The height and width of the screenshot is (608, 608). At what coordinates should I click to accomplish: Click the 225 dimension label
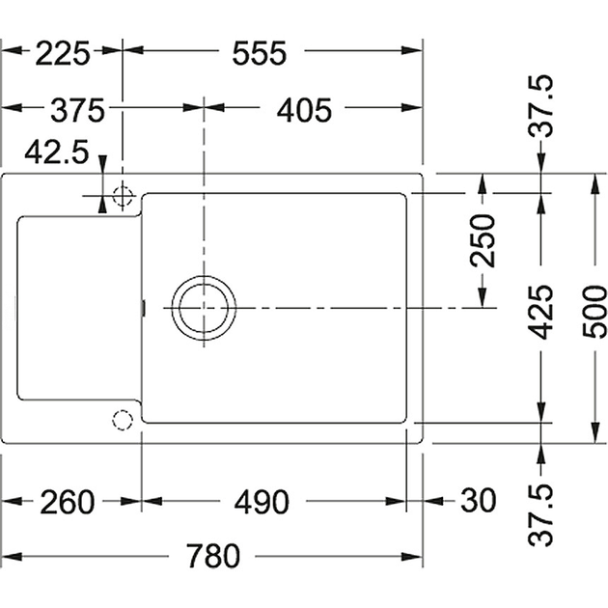click(x=63, y=52)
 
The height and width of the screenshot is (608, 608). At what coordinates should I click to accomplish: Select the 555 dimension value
click(x=259, y=52)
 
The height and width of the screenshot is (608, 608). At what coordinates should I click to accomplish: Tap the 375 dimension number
click(x=77, y=110)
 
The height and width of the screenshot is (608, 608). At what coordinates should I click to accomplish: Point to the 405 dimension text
click(x=304, y=110)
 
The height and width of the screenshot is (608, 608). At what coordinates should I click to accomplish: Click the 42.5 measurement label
click(x=57, y=152)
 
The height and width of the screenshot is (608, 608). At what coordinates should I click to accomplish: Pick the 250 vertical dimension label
click(x=483, y=240)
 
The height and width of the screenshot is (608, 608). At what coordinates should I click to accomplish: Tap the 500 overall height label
click(x=594, y=312)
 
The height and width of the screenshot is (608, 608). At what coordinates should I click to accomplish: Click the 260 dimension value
click(x=68, y=502)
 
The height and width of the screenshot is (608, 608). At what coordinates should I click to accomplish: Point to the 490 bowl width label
click(x=262, y=502)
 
